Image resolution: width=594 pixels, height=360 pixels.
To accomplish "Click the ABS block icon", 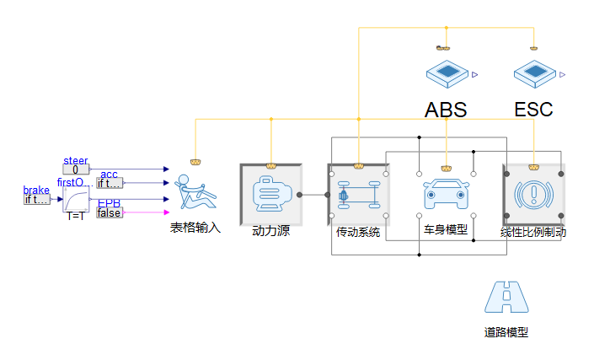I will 447,73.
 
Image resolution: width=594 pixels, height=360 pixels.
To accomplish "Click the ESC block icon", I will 534,73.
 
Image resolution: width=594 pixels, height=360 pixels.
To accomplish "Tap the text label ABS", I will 446,110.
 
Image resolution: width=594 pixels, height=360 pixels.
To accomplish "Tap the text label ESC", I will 534,110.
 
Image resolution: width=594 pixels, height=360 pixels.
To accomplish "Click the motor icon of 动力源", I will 271,195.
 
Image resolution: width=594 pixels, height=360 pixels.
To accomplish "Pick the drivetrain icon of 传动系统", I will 358,195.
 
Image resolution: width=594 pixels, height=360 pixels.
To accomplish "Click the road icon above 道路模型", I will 506,296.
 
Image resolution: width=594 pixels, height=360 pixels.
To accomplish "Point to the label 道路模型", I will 506,332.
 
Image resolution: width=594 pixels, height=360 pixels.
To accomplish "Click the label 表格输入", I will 195,228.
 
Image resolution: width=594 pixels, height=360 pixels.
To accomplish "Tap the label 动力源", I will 271,230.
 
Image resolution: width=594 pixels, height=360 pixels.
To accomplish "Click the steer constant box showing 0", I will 75,169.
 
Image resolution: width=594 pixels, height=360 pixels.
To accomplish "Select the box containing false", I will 109,212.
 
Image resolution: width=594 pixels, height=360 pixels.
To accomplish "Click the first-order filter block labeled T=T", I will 76,200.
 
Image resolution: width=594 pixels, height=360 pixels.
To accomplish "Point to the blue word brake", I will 36,191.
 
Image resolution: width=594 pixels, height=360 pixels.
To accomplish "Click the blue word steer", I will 75,160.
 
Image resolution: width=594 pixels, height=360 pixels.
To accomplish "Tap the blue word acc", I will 109,175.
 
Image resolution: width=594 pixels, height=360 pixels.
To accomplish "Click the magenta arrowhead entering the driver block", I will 166,212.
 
